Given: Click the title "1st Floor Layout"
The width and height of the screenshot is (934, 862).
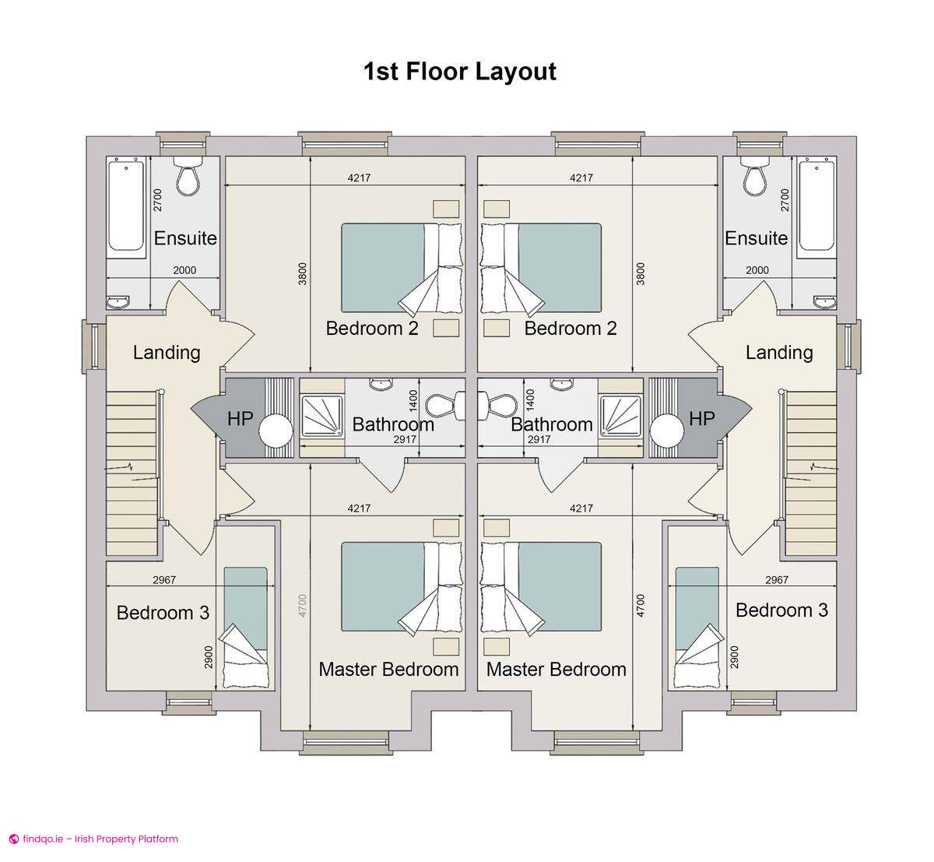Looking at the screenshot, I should (x=459, y=72).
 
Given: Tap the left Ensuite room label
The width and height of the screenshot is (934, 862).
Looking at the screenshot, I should (x=185, y=237).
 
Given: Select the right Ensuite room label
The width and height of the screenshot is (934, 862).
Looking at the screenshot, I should (x=756, y=237).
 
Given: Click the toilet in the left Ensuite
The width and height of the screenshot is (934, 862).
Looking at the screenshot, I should (x=188, y=178).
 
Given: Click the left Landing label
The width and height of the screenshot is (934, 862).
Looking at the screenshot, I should (x=167, y=352).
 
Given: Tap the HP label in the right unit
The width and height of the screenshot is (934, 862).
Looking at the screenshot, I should (x=701, y=419).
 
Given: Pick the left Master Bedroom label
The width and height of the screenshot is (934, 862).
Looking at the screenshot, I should (x=388, y=669).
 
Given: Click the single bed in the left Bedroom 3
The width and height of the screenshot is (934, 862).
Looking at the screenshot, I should (x=245, y=627).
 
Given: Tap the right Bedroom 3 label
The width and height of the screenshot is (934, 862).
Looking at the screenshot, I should (x=781, y=610).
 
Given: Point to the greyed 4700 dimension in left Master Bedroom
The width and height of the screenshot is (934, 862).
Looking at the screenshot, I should (x=303, y=607).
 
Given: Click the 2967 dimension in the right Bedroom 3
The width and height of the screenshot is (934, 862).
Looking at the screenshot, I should (x=776, y=579).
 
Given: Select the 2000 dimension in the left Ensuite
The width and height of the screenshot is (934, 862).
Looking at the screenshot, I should (x=184, y=270).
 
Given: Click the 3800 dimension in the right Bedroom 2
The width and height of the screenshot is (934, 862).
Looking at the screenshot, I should (x=640, y=273).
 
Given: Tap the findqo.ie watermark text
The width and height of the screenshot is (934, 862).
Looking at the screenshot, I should (x=93, y=839).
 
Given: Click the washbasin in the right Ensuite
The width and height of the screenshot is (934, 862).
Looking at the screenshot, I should (x=823, y=301).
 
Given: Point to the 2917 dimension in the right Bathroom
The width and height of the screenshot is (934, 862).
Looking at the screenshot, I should (x=539, y=440).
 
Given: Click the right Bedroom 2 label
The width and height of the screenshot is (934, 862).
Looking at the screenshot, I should (x=571, y=328).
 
